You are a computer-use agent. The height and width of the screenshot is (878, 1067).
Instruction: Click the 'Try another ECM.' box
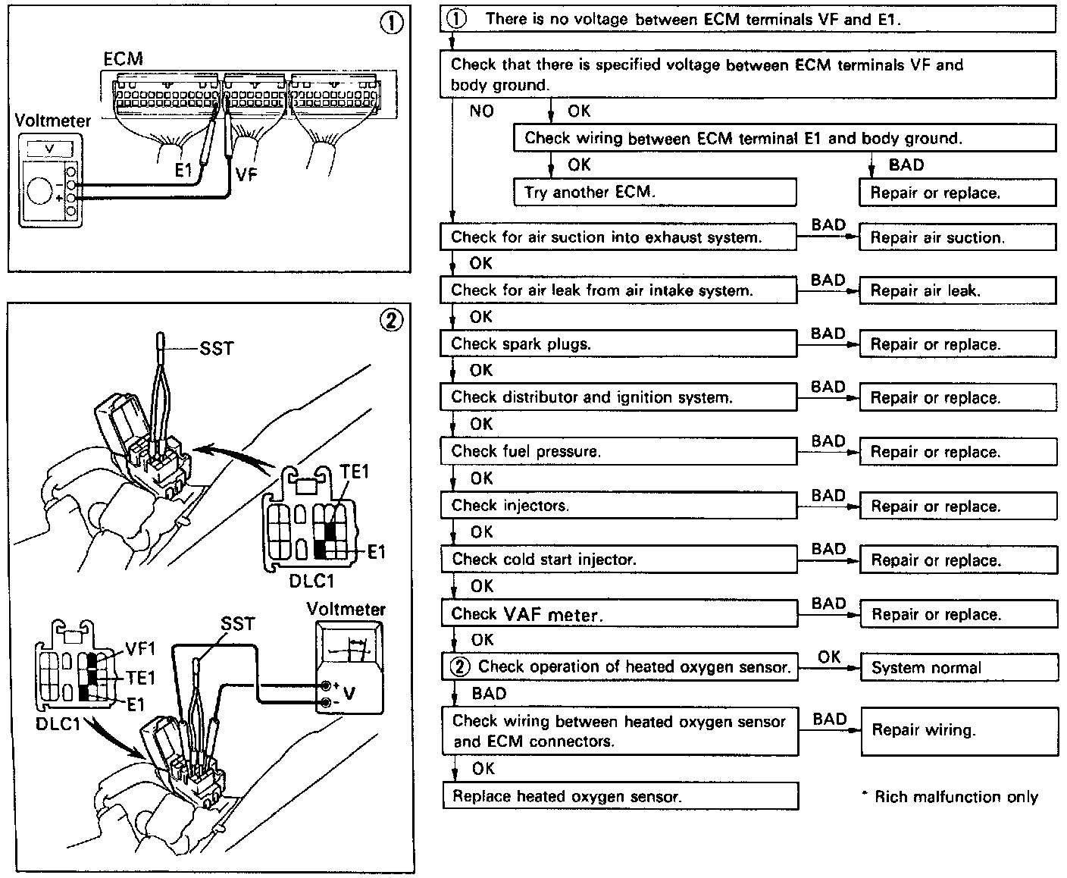[655, 192]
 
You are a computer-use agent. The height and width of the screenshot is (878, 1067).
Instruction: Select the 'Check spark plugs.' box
[618, 343]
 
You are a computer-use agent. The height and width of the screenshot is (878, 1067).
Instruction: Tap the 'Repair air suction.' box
[957, 237]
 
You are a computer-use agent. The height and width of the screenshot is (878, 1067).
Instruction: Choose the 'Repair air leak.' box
[957, 290]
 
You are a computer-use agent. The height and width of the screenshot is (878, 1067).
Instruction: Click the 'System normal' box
[959, 668]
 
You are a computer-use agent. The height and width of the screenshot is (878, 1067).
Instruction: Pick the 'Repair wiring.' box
[959, 730]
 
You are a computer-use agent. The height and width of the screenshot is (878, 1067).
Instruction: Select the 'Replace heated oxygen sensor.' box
[620, 796]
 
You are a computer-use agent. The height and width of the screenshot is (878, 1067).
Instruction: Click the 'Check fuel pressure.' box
[618, 451]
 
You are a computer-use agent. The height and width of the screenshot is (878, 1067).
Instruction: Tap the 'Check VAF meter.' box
[618, 614]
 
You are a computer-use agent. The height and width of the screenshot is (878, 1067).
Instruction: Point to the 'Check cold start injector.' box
[618, 560]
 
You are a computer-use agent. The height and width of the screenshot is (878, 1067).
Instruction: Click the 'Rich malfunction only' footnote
[950, 797]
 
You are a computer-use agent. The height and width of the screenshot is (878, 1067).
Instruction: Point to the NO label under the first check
[482, 111]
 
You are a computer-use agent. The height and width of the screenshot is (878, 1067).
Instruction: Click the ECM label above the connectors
[123, 58]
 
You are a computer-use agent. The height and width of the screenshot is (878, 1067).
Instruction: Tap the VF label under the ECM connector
[246, 175]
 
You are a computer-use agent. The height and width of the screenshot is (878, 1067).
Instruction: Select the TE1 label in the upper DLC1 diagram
[354, 471]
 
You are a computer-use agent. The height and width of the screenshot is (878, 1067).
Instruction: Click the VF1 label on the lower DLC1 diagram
[139, 648]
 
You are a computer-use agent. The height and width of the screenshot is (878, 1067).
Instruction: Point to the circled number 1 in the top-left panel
[391, 24]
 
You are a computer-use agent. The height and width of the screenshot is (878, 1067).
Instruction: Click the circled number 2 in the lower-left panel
[391, 321]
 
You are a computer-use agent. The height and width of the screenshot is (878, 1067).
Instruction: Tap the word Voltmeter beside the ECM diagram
[53, 121]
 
